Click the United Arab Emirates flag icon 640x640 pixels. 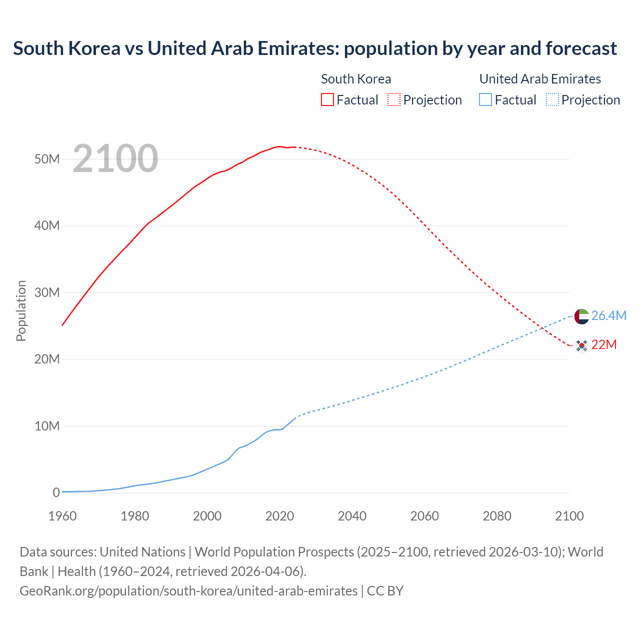(x=581, y=316)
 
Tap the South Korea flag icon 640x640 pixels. (x=581, y=345)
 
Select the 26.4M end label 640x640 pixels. (x=608, y=316)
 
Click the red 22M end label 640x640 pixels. (x=604, y=345)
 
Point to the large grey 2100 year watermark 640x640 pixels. (x=115, y=158)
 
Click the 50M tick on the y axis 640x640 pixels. (x=47, y=159)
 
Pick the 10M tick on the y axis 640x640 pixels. (x=47, y=426)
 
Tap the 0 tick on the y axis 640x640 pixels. (x=56, y=492)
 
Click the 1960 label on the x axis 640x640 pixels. (x=62, y=516)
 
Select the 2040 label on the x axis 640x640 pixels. (x=352, y=516)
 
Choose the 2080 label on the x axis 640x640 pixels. (x=497, y=516)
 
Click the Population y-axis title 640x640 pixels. (x=21, y=310)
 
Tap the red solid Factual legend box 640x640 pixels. (x=327, y=99)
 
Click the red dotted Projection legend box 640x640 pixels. (x=394, y=99)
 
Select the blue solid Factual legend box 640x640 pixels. (x=485, y=99)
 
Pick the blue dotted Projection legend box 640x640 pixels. (x=552, y=99)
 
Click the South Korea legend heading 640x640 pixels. (x=356, y=79)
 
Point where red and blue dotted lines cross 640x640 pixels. (x=542, y=328)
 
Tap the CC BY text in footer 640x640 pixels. (x=385, y=591)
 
